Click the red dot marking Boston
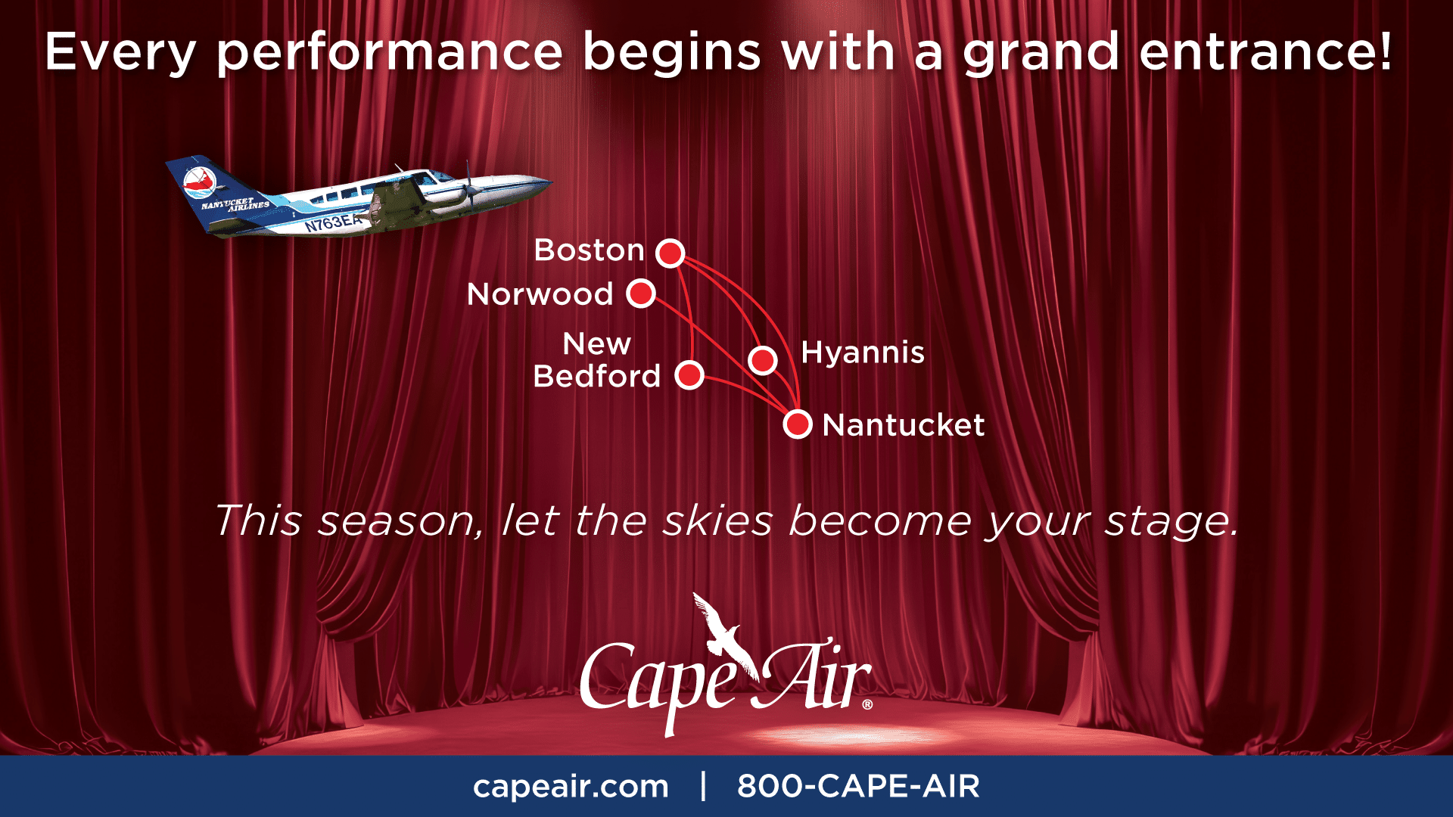(670, 253)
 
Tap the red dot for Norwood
(641, 294)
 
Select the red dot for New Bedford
(689, 374)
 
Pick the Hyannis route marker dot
(763, 359)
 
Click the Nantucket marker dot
(798, 424)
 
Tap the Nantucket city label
(904, 425)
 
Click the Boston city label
(589, 250)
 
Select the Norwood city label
(540, 294)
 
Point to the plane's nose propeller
(469, 185)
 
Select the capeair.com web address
(571, 787)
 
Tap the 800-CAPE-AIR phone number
(858, 786)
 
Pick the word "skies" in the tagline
(717, 520)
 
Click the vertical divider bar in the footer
(704, 785)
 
